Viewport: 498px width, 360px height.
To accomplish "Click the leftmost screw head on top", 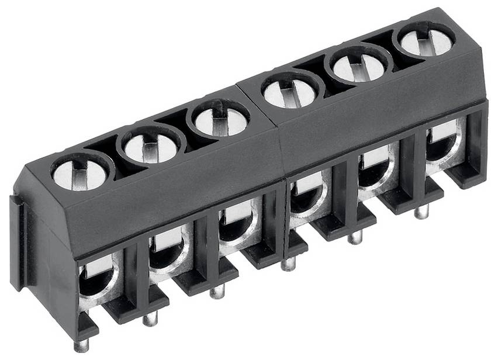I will tap(81, 173).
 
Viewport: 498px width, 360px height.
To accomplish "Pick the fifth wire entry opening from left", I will tap(373, 172).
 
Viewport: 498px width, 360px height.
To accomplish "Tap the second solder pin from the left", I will tap(150, 318).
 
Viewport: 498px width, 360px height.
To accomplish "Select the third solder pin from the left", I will tap(217, 290).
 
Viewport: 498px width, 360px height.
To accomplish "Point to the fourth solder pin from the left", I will tap(288, 264).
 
